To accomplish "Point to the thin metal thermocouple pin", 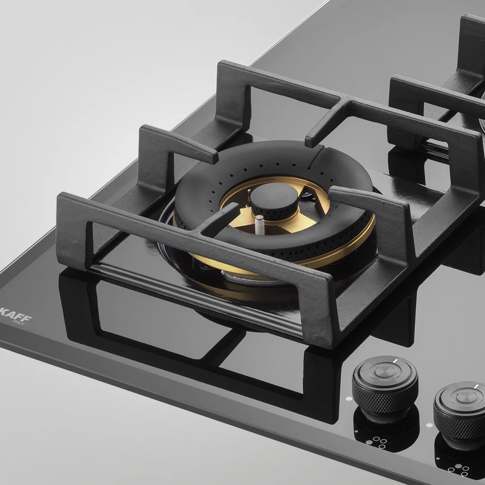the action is pos(249,195).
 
